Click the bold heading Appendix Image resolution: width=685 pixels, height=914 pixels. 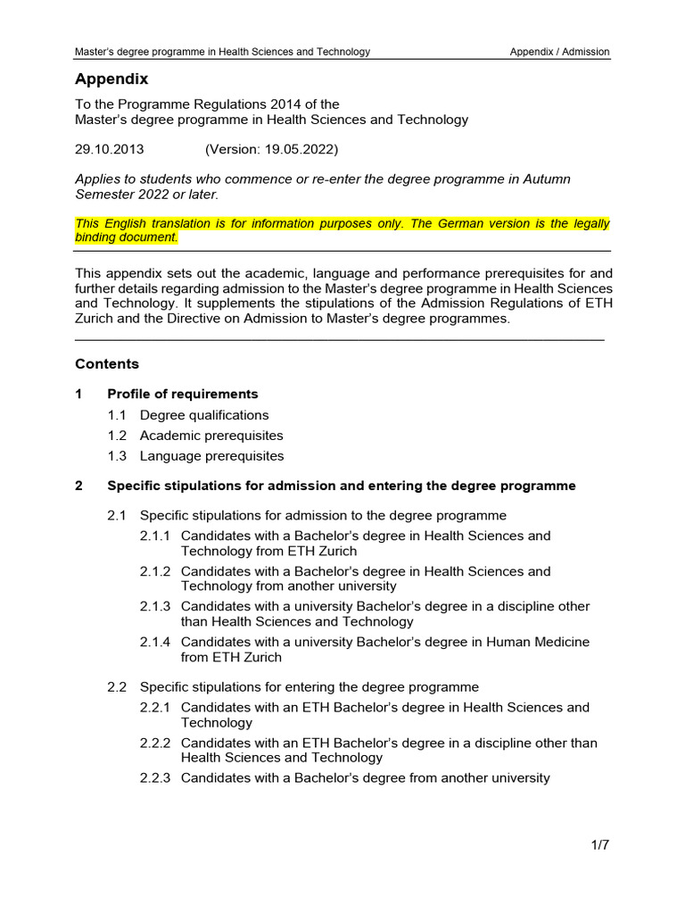tap(111, 79)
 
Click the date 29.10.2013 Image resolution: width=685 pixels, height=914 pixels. tap(110, 149)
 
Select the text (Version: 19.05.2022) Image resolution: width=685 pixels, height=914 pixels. tap(271, 149)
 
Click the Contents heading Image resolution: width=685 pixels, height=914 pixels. tap(107, 364)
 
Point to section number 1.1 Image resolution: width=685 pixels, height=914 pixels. tap(118, 415)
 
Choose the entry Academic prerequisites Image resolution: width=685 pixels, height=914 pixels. tap(211, 436)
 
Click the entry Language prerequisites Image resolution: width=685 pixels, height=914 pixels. tap(211, 456)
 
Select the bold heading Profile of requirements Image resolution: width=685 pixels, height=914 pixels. tap(182, 394)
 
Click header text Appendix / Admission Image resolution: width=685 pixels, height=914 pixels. tap(559, 52)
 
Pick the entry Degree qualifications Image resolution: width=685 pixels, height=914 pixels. tap(204, 415)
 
